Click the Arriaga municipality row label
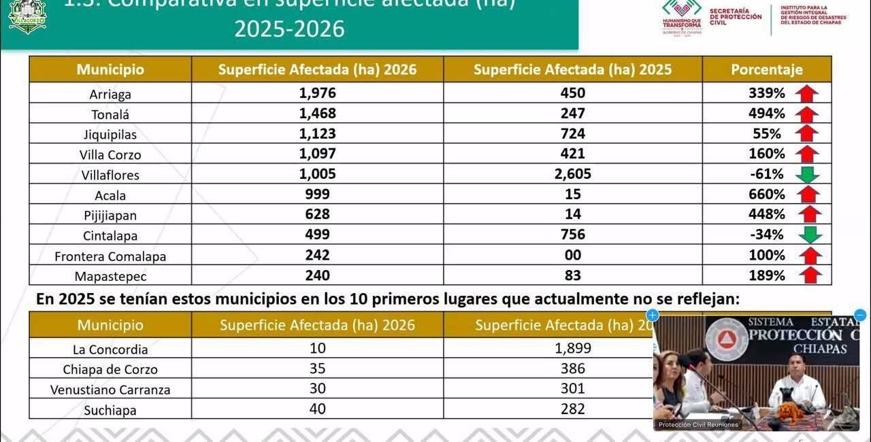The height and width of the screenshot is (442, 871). coord(110,95)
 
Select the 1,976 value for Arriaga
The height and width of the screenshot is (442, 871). coord(317,93)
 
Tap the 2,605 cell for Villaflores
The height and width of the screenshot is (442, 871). coord(572,174)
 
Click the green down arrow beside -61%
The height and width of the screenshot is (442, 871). coord(808,175)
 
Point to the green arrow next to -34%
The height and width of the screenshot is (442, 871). coord(810,235)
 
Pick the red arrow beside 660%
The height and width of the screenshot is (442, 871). coord(808,194)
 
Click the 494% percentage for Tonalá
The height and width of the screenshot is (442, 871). coord(767,114)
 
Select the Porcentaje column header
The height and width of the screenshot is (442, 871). coord(767,69)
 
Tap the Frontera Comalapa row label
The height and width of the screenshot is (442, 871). coord(110,256)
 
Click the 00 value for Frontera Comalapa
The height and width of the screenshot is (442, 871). coord(573,255)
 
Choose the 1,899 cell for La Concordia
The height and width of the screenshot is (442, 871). coord(573,348)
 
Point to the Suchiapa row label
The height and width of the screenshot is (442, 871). coord(110,410)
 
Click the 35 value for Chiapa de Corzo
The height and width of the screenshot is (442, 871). coord(317,369)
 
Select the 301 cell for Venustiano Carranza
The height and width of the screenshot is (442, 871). coord(573,389)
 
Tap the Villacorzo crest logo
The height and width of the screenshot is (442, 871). coord(27,16)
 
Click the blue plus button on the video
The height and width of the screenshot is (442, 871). coord(653,315)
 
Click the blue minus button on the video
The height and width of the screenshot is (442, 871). coord(860,315)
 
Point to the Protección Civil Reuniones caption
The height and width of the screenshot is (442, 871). coord(698,425)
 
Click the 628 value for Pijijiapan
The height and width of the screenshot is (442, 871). coord(317,215)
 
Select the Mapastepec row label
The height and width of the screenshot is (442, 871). coord(110,277)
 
